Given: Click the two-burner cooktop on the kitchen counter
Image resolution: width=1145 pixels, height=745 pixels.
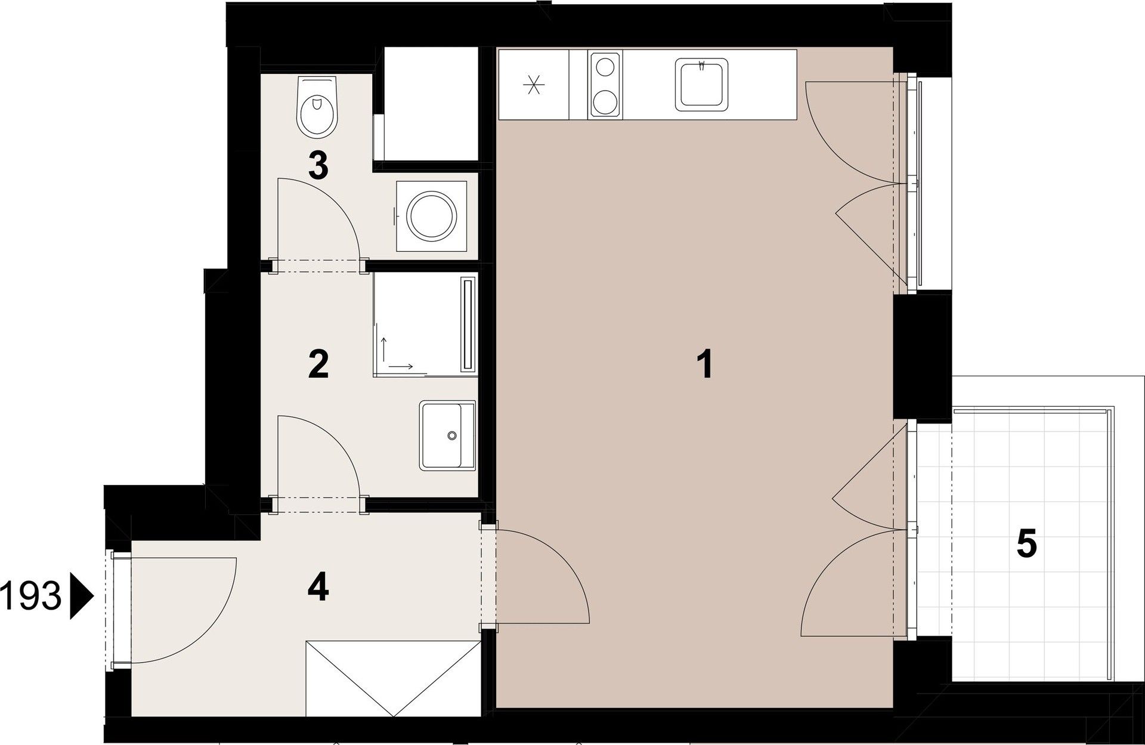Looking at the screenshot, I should (x=605, y=84).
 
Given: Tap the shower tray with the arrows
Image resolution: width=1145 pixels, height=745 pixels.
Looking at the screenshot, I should (x=417, y=324).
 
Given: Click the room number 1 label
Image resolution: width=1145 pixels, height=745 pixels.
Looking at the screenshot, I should (x=705, y=364).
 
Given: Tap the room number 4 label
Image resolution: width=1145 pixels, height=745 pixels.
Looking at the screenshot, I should (x=318, y=588).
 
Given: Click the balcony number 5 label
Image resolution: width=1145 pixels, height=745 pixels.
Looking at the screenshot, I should (x=1026, y=545).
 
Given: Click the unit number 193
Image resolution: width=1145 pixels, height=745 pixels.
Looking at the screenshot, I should (x=32, y=597).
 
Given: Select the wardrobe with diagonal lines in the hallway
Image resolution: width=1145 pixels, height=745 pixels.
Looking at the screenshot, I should (x=393, y=678).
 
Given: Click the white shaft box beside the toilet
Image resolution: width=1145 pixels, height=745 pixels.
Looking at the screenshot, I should (x=431, y=104).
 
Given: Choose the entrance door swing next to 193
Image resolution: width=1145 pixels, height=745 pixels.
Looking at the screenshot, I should (x=179, y=608).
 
